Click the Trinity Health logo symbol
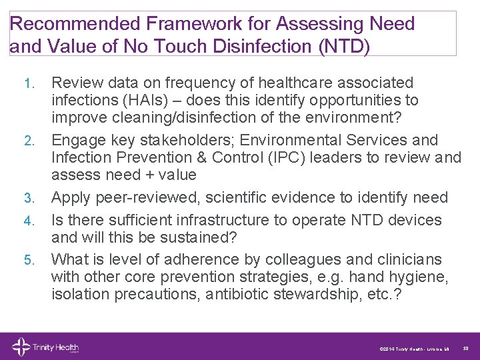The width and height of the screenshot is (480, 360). coord(20,347)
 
